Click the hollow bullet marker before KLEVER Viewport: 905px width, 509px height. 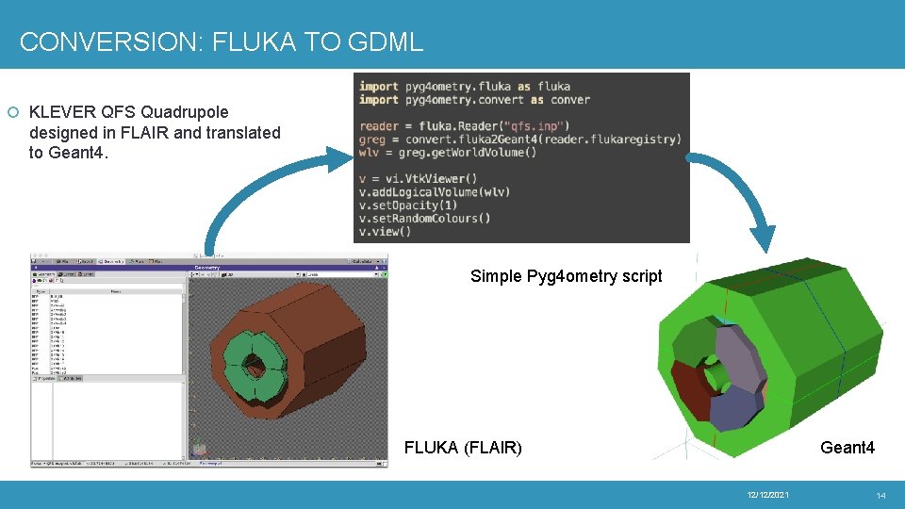[x=12, y=113]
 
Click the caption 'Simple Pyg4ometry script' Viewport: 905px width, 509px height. [x=566, y=276]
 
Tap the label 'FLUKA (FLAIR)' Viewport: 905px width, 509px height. [x=462, y=447]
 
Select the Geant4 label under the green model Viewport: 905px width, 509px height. [x=847, y=447]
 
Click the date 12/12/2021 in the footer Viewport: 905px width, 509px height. [x=767, y=495]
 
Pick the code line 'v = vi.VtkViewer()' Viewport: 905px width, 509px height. [x=419, y=179]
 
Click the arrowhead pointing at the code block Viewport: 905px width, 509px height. [x=340, y=155]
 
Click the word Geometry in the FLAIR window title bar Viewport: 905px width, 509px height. [x=206, y=268]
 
